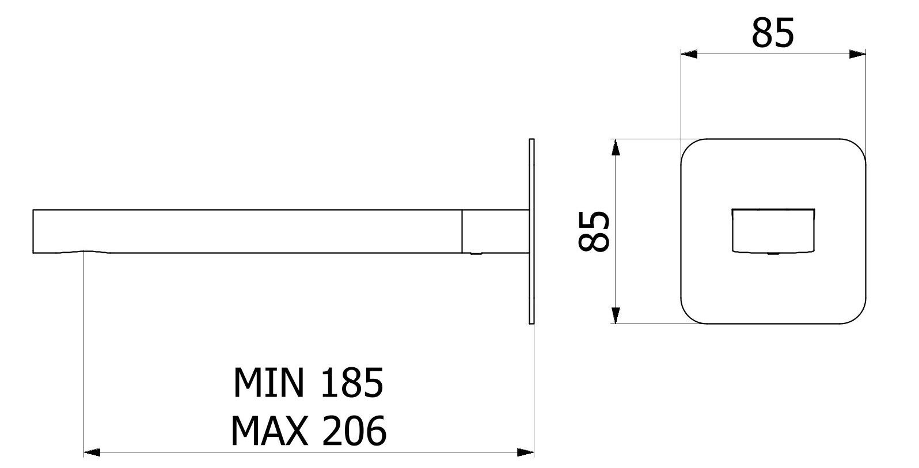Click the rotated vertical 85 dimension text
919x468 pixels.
pos(594,231)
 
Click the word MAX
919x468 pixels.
pos(267,431)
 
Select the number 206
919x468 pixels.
pos(353,431)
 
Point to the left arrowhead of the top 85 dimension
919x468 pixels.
pos(689,54)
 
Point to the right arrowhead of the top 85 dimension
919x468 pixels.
pos(858,54)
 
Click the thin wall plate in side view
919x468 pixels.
pos(531,231)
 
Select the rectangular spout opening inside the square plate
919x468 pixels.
pos(773,230)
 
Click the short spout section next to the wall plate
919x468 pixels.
pos(495,231)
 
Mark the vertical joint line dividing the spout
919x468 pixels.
pos(462,231)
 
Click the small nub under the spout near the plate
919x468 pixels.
pos(476,254)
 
